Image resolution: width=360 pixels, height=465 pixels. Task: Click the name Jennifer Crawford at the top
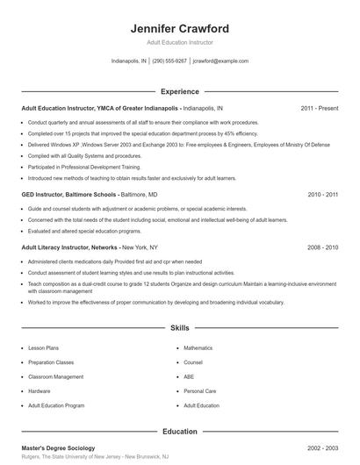(179, 28)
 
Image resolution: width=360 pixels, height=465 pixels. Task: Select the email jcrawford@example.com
(220, 61)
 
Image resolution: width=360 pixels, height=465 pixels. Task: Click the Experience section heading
(179, 91)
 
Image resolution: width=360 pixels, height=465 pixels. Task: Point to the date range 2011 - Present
(319, 108)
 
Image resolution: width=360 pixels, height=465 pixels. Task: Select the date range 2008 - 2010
(322, 247)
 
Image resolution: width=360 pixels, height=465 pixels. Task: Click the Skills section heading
(179, 328)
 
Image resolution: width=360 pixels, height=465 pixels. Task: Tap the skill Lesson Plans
(44, 348)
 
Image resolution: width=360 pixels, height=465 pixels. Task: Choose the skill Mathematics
(198, 348)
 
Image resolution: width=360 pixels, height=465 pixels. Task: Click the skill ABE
(189, 377)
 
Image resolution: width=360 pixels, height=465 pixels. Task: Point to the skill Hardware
(40, 391)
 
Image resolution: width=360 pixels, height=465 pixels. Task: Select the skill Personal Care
(199, 391)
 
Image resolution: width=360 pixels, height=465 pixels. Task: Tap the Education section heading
(179, 431)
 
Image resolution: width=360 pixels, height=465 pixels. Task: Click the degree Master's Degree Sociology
(59, 447)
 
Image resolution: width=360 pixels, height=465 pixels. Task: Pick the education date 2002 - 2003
(322, 447)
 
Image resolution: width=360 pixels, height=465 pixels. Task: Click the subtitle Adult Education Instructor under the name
(179, 42)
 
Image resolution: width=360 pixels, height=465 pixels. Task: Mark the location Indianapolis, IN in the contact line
(129, 61)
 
